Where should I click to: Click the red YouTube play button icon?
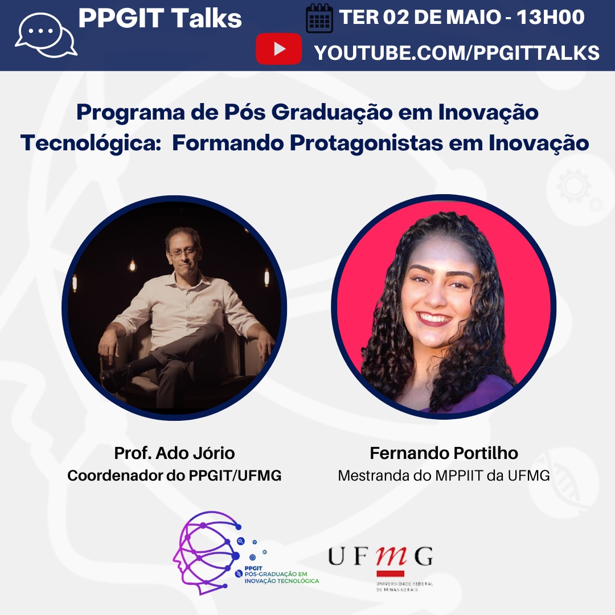click(278, 49)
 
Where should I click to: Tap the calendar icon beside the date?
click(319, 18)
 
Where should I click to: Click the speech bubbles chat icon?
click(46, 35)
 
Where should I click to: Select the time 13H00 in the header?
click(551, 17)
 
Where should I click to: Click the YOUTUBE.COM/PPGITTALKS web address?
click(457, 53)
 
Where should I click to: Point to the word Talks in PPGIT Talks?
click(206, 18)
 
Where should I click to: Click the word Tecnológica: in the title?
click(91, 143)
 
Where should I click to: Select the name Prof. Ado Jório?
click(175, 453)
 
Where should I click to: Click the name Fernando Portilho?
click(444, 453)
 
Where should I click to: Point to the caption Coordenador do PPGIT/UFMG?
click(175, 475)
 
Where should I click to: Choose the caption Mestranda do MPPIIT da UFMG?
click(444, 475)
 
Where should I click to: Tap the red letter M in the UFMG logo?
click(391, 556)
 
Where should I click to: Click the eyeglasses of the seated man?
click(183, 252)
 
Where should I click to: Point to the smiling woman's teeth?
click(434, 317)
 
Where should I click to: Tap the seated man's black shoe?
click(116, 374)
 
